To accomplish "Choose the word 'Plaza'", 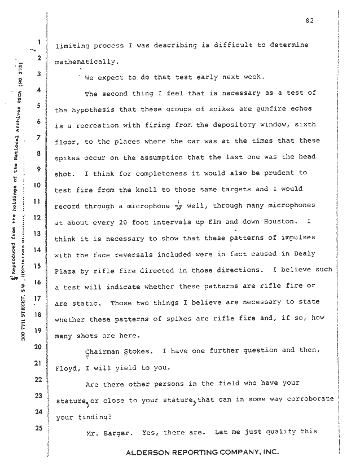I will point(66,272).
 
